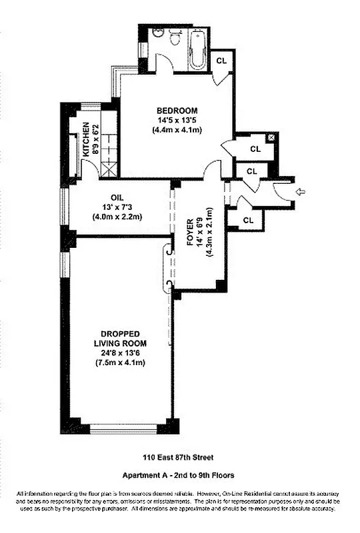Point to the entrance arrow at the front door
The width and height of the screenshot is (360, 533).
click(x=299, y=192)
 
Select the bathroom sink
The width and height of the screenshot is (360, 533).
click(x=159, y=35)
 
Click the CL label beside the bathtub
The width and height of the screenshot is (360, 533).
click(x=221, y=61)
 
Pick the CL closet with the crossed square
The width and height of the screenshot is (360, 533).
click(x=255, y=149)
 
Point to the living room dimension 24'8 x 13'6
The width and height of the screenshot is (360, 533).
click(x=120, y=352)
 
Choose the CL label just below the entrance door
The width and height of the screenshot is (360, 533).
click(x=247, y=219)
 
